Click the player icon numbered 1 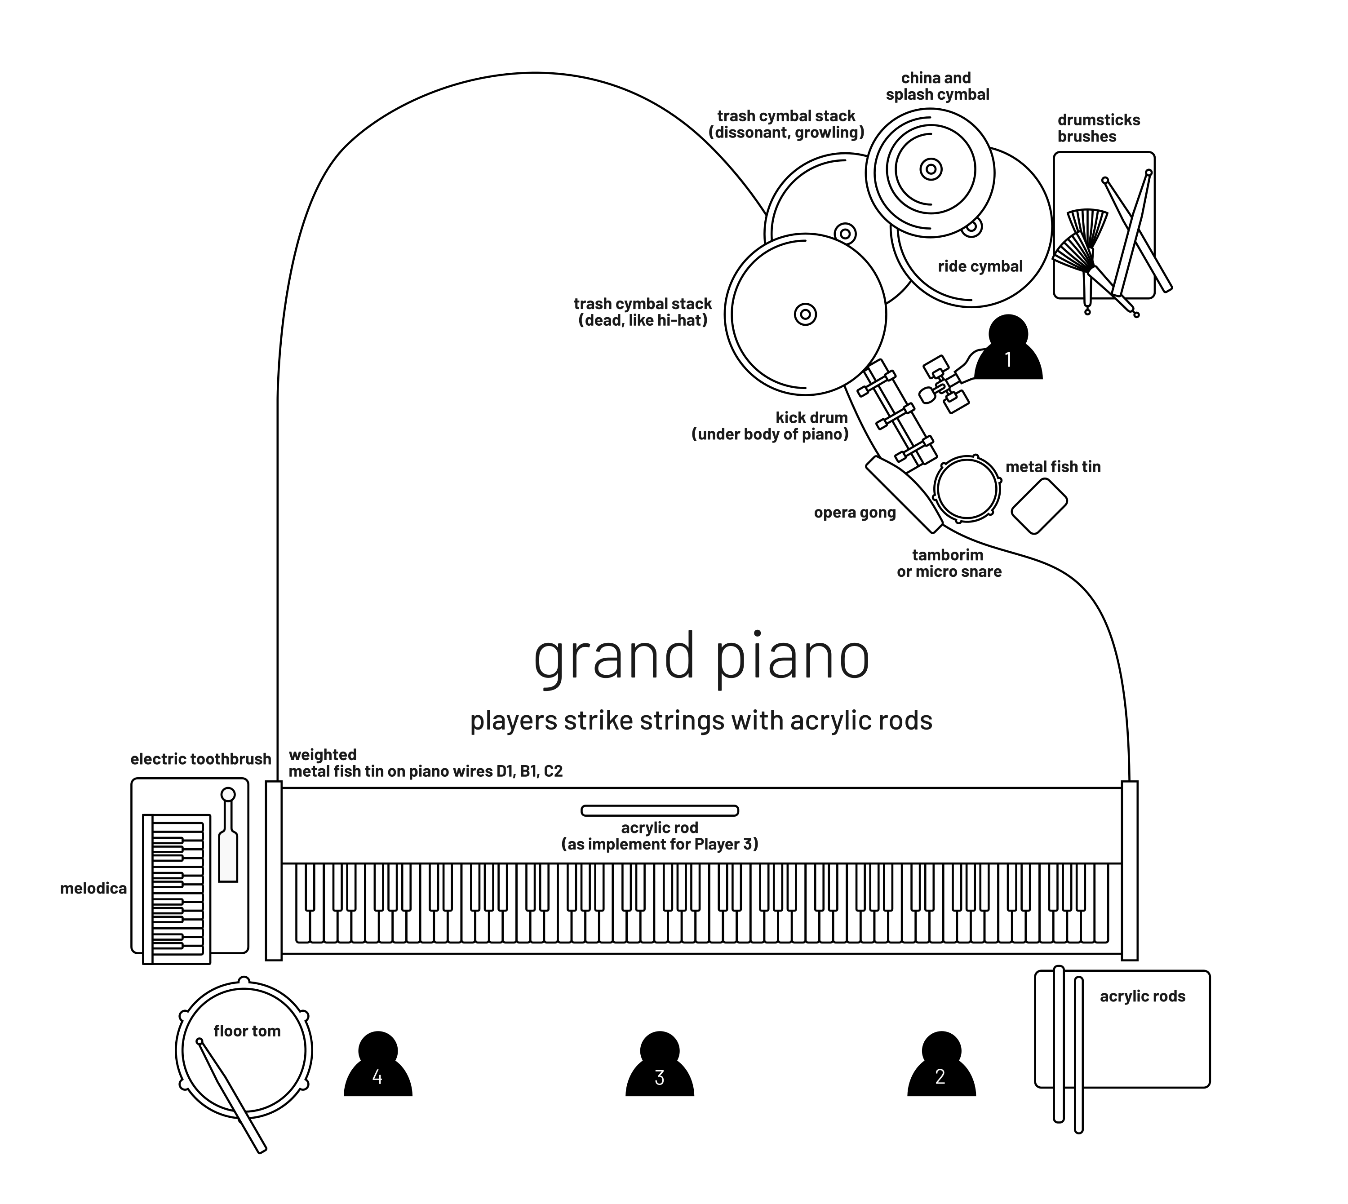pyautogui.click(x=1007, y=350)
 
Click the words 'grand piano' pyautogui.click(x=701, y=656)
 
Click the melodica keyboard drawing pyautogui.click(x=177, y=889)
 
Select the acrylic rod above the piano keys pyautogui.click(x=659, y=810)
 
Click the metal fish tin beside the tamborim pyautogui.click(x=1039, y=506)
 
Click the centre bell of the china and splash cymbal pyautogui.click(x=931, y=170)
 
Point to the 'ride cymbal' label pyautogui.click(x=980, y=266)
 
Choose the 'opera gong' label pyautogui.click(x=854, y=513)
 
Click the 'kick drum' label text pyautogui.click(x=811, y=418)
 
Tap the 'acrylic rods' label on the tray pyautogui.click(x=1142, y=996)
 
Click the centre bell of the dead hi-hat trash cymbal pyautogui.click(x=805, y=314)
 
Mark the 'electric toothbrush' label pyautogui.click(x=200, y=759)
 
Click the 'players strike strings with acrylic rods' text pyautogui.click(x=701, y=721)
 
